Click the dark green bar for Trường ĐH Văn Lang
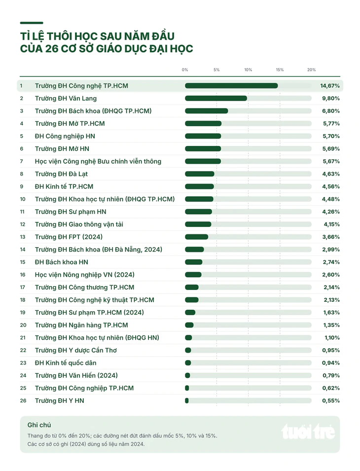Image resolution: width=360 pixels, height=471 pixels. pos(216,98)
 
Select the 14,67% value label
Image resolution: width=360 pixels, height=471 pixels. pos(330,86)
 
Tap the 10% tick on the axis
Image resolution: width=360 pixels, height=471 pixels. pos(248,70)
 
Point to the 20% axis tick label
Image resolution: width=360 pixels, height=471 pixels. pos(311,70)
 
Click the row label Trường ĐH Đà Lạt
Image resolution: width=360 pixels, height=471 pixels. pos(61,174)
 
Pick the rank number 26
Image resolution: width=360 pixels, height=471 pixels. pos(23,400)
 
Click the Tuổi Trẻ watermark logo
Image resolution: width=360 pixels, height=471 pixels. pos(308,432)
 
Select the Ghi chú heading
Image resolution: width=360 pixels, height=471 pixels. pos(39,425)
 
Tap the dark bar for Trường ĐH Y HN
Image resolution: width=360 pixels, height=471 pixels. pos(187,400)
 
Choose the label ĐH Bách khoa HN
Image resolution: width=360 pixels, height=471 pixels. pos(61,262)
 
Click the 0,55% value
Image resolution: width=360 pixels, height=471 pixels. pos(331,400)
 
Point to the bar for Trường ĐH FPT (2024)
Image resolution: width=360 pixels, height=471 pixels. pos(196,237)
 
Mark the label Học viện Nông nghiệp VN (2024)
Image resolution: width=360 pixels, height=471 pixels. pos(84,275)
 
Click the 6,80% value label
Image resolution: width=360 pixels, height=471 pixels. pos(331,111)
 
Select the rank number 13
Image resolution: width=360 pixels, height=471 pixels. pos(23,237)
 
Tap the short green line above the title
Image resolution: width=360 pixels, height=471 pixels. pos(32,23)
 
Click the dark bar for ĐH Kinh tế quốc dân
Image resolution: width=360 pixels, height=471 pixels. pos(188,363)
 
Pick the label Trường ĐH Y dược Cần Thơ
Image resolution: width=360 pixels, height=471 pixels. pos(75,351)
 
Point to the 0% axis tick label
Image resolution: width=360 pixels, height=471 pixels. pos(185,70)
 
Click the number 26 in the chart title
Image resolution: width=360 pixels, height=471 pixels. pos(52,49)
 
